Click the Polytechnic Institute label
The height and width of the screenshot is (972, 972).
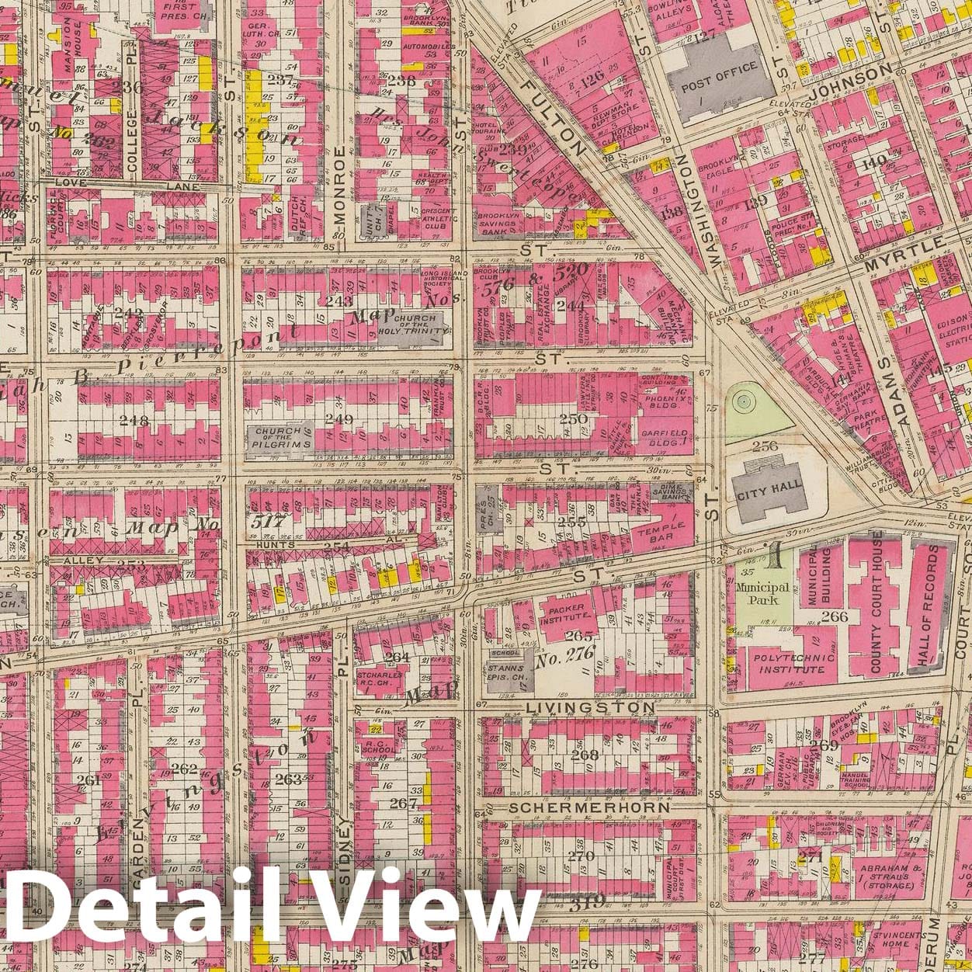coord(783,664)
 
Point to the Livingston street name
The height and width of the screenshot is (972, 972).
coord(591,708)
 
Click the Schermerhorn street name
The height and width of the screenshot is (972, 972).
coord(589,807)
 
